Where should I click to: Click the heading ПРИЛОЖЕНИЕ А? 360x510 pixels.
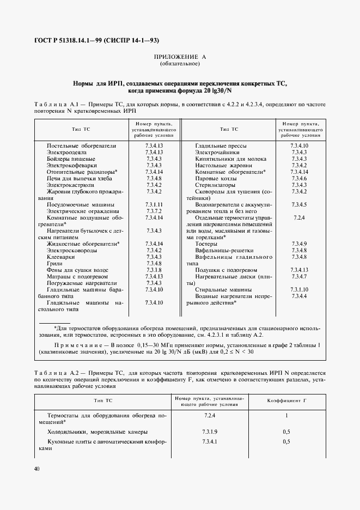click(180, 57)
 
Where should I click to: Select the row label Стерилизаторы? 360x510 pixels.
click(215, 185)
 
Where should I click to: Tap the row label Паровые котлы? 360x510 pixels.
click(215, 178)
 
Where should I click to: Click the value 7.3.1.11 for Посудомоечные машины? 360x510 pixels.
click(155, 204)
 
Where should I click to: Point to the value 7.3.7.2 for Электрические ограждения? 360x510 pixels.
click(155, 211)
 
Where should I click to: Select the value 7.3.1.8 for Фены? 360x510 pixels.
click(155, 270)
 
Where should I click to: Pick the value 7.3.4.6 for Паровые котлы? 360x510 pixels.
click(300, 178)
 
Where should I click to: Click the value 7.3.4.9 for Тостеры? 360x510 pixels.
click(300, 244)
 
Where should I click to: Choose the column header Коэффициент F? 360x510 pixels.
click(286, 400)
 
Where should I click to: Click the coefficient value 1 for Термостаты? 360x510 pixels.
click(286, 415)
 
